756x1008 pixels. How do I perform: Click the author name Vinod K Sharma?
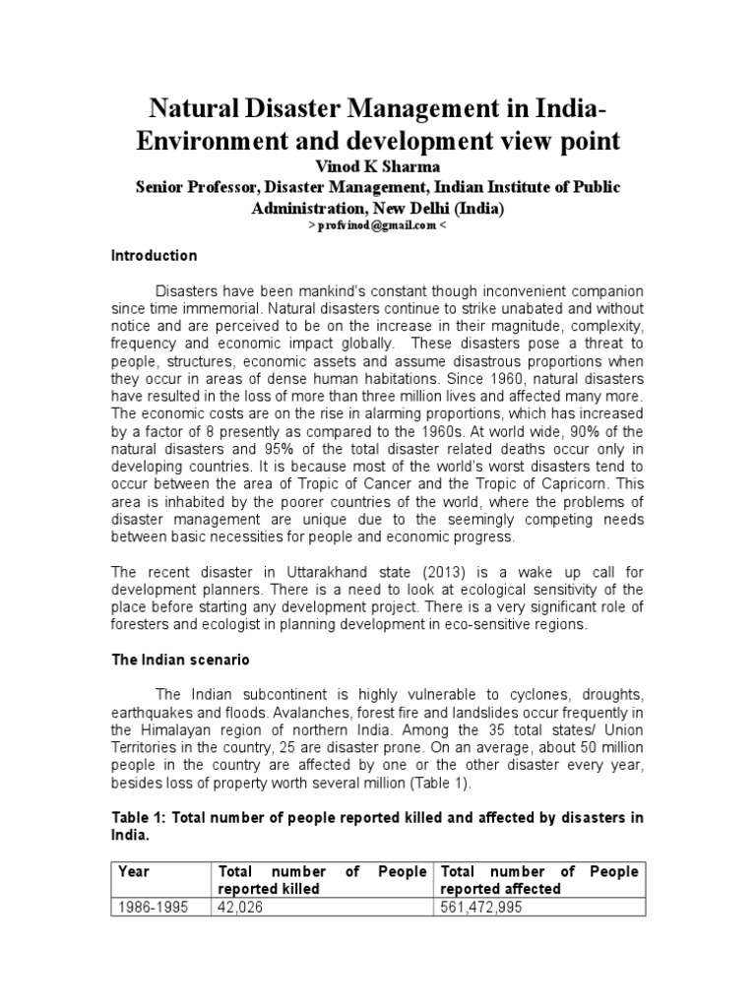click(x=378, y=167)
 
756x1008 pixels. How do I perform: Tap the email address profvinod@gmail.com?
click(x=379, y=225)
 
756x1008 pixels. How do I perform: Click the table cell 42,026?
click(x=243, y=908)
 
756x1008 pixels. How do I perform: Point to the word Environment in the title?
click(x=211, y=141)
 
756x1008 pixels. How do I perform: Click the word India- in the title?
click(x=577, y=105)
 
